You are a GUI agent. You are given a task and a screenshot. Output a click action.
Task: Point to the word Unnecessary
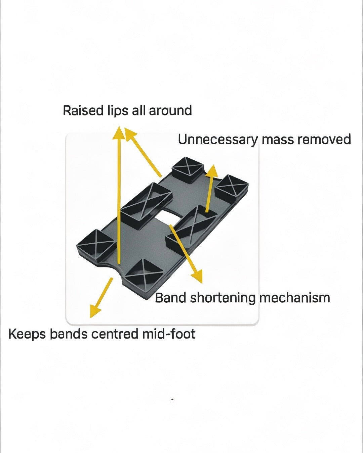pyautogui.click(x=218, y=140)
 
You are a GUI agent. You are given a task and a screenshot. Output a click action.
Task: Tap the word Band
pyautogui.click(x=170, y=298)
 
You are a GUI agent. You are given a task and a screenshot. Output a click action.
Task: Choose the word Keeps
pyautogui.click(x=27, y=334)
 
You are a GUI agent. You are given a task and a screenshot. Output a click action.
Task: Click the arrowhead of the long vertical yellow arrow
pyautogui.click(x=118, y=132)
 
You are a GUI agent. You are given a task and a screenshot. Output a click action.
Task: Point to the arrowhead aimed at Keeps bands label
pyautogui.click(x=94, y=311)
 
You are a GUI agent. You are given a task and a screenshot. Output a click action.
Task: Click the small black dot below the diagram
pyautogui.click(x=172, y=399)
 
